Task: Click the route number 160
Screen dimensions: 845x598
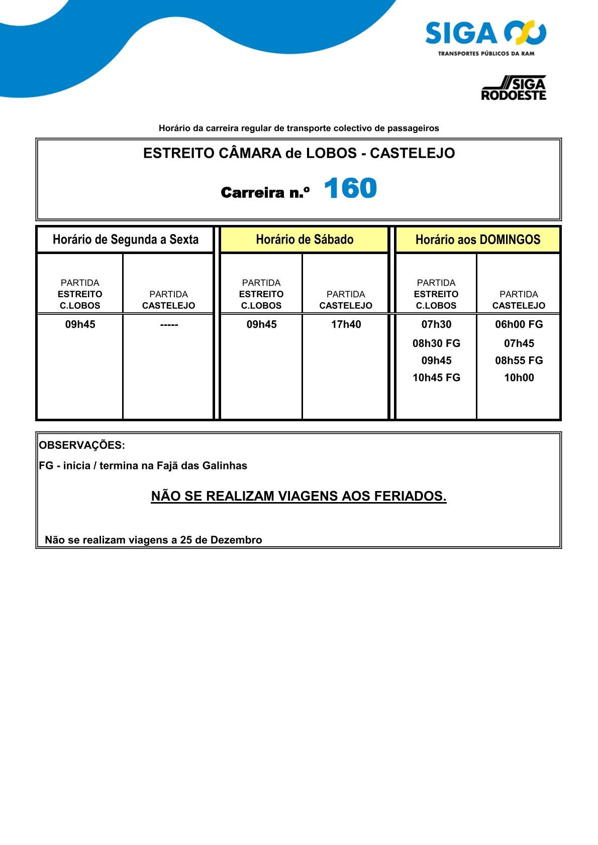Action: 350,189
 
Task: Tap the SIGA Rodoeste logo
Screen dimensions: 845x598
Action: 514,88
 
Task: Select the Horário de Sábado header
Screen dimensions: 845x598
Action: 305,239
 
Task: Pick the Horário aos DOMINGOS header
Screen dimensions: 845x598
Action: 477,239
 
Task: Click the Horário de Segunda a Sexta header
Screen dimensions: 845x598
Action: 126,239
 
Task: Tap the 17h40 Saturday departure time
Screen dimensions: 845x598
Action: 346,324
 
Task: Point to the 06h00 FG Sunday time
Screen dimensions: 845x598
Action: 519,324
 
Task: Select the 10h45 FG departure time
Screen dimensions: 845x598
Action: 436,378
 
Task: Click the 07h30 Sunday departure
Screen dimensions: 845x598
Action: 436,324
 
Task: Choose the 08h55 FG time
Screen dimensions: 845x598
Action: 519,360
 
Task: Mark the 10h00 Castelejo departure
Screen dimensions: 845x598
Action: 519,378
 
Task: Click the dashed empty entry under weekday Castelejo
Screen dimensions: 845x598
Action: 169,325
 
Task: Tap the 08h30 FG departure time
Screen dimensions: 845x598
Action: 436,343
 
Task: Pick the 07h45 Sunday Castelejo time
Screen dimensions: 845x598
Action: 519,343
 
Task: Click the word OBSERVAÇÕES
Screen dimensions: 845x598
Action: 82,445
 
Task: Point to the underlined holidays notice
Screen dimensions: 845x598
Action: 298,496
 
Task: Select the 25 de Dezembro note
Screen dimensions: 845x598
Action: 153,540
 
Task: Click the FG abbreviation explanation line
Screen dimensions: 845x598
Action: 143,465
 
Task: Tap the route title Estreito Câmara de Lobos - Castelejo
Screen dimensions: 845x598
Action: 299,153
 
